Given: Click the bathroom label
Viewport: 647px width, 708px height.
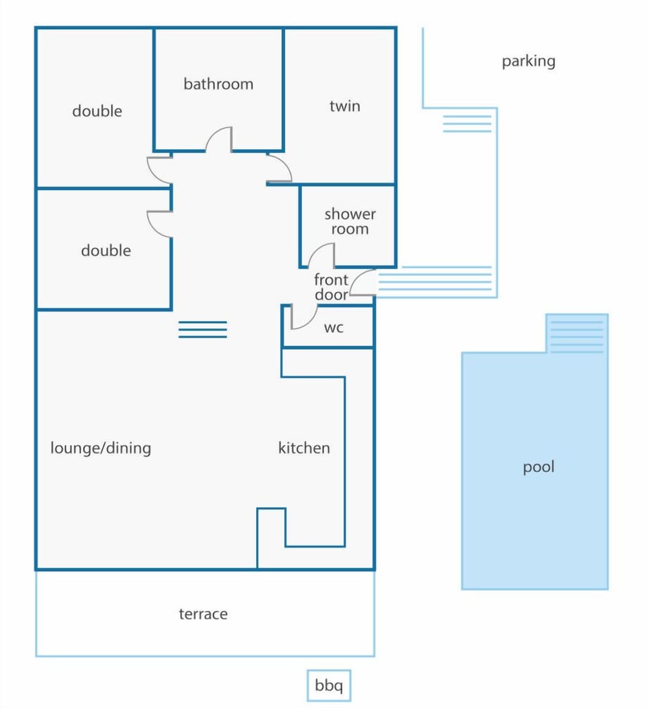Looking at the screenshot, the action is point(218,84).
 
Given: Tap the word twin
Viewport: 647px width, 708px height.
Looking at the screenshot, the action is point(344,106).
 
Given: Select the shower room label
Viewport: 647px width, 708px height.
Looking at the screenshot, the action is point(350,221).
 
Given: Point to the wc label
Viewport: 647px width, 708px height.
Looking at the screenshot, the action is point(334,327).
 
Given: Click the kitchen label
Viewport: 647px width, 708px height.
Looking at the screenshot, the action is point(304,448).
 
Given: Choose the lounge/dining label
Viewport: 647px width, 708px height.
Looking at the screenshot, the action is point(100,448).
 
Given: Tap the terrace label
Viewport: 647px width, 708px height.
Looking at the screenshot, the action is point(203,614).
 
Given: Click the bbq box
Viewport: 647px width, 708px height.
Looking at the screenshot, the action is point(329,686).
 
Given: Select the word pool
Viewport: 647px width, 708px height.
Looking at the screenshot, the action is point(538,467).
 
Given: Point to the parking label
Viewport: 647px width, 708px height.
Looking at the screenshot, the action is point(528,61).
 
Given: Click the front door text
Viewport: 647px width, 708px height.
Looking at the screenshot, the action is point(331,287).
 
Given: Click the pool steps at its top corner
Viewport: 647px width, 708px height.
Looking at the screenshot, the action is point(577,333).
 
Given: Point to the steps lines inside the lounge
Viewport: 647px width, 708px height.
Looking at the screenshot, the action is point(203,330).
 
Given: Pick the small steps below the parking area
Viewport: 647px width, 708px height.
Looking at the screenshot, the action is point(467,123).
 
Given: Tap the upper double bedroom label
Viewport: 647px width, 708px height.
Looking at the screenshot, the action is point(97,111).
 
